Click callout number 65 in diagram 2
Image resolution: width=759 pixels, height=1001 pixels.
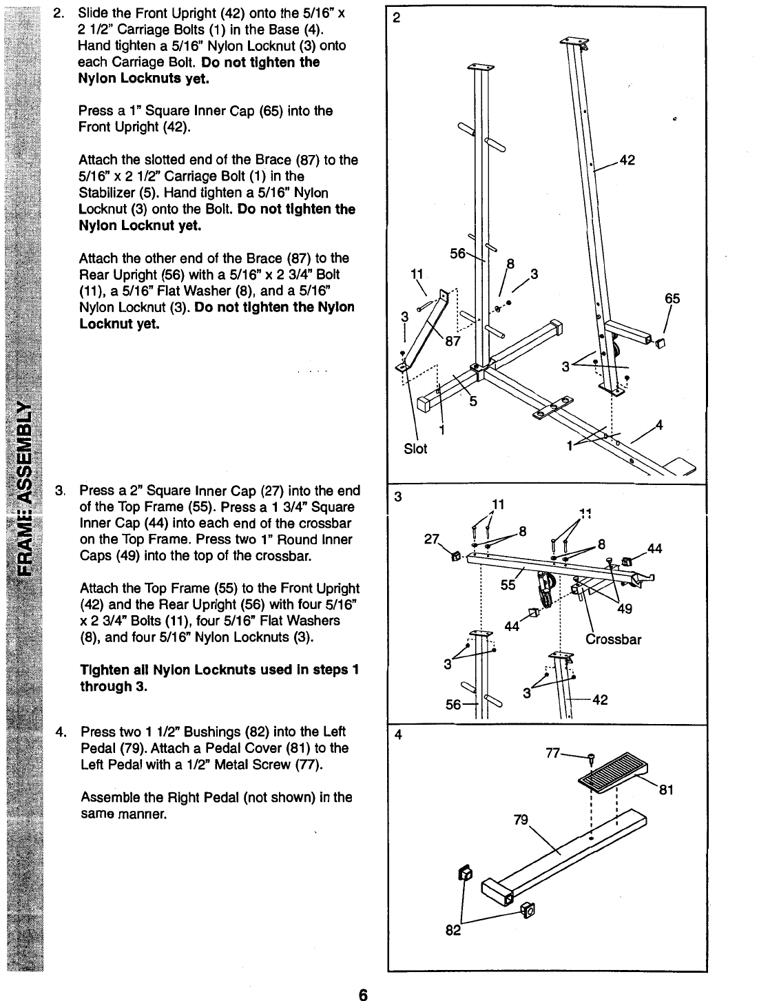(672, 299)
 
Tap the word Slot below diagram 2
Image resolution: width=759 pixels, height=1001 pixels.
(415, 449)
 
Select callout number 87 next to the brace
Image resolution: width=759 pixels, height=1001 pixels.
(453, 338)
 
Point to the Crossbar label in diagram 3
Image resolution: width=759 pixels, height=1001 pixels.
(613, 639)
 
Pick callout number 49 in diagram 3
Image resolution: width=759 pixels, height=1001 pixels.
(625, 608)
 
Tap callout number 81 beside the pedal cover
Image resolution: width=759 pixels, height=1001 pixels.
(666, 791)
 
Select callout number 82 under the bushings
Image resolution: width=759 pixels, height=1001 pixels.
(454, 931)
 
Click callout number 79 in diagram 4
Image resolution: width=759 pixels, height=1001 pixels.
(521, 820)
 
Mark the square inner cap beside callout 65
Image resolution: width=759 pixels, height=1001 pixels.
(659, 342)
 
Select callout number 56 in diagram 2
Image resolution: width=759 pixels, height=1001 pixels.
(457, 253)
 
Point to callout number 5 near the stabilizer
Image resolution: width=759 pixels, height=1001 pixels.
(472, 402)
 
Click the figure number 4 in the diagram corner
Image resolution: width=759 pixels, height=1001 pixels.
(397, 734)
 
